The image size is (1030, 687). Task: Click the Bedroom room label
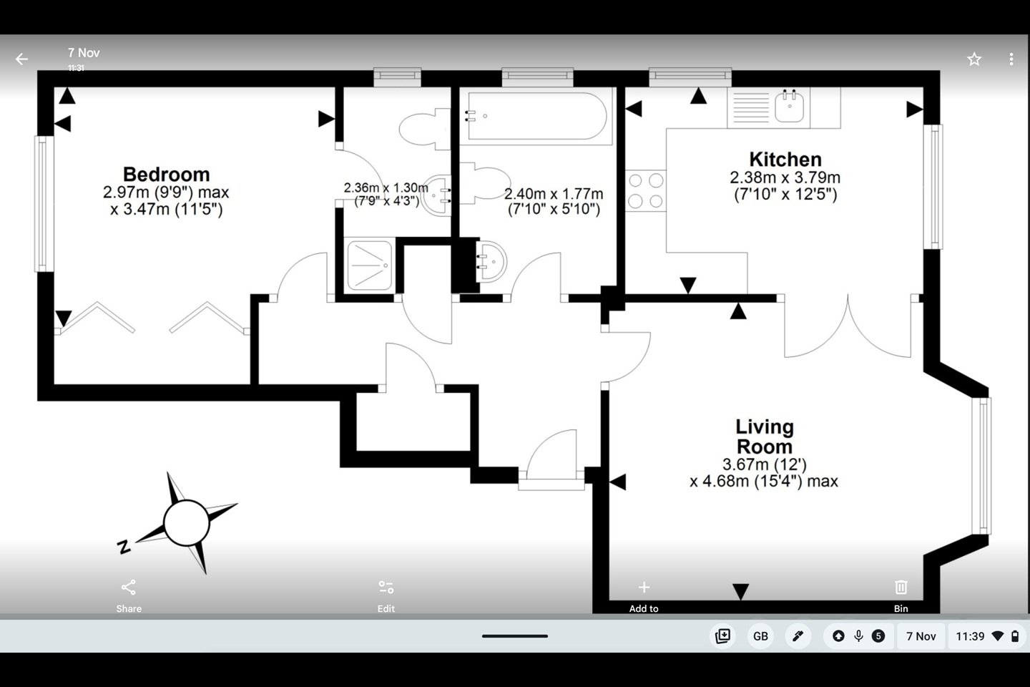[166, 175]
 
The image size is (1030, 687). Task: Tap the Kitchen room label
[785, 160]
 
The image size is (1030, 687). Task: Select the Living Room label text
[764, 437]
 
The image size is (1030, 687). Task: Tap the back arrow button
[21, 59]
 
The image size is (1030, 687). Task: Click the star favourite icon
[973, 59]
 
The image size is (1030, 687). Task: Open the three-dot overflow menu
[1011, 59]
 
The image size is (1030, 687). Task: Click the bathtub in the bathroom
[536, 116]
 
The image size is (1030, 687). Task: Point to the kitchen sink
[789, 107]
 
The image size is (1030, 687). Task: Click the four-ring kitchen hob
[645, 191]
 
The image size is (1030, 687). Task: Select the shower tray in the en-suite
[369, 265]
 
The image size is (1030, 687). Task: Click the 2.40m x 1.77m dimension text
[554, 201]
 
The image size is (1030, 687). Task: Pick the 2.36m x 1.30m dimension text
[386, 194]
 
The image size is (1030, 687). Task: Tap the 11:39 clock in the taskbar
[970, 636]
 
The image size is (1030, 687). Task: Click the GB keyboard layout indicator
[760, 636]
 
